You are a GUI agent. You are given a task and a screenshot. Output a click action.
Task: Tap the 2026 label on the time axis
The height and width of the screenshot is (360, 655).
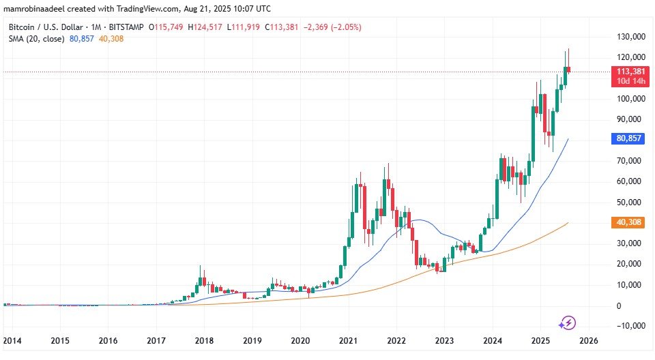[x=588, y=340]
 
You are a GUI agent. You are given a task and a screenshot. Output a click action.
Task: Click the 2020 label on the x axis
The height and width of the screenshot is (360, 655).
[x=300, y=340]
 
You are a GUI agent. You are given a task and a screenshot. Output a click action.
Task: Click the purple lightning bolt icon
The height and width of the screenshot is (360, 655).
[x=568, y=322]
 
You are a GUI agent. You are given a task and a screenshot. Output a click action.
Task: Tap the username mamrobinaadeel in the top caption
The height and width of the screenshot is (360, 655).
[x=35, y=9]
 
